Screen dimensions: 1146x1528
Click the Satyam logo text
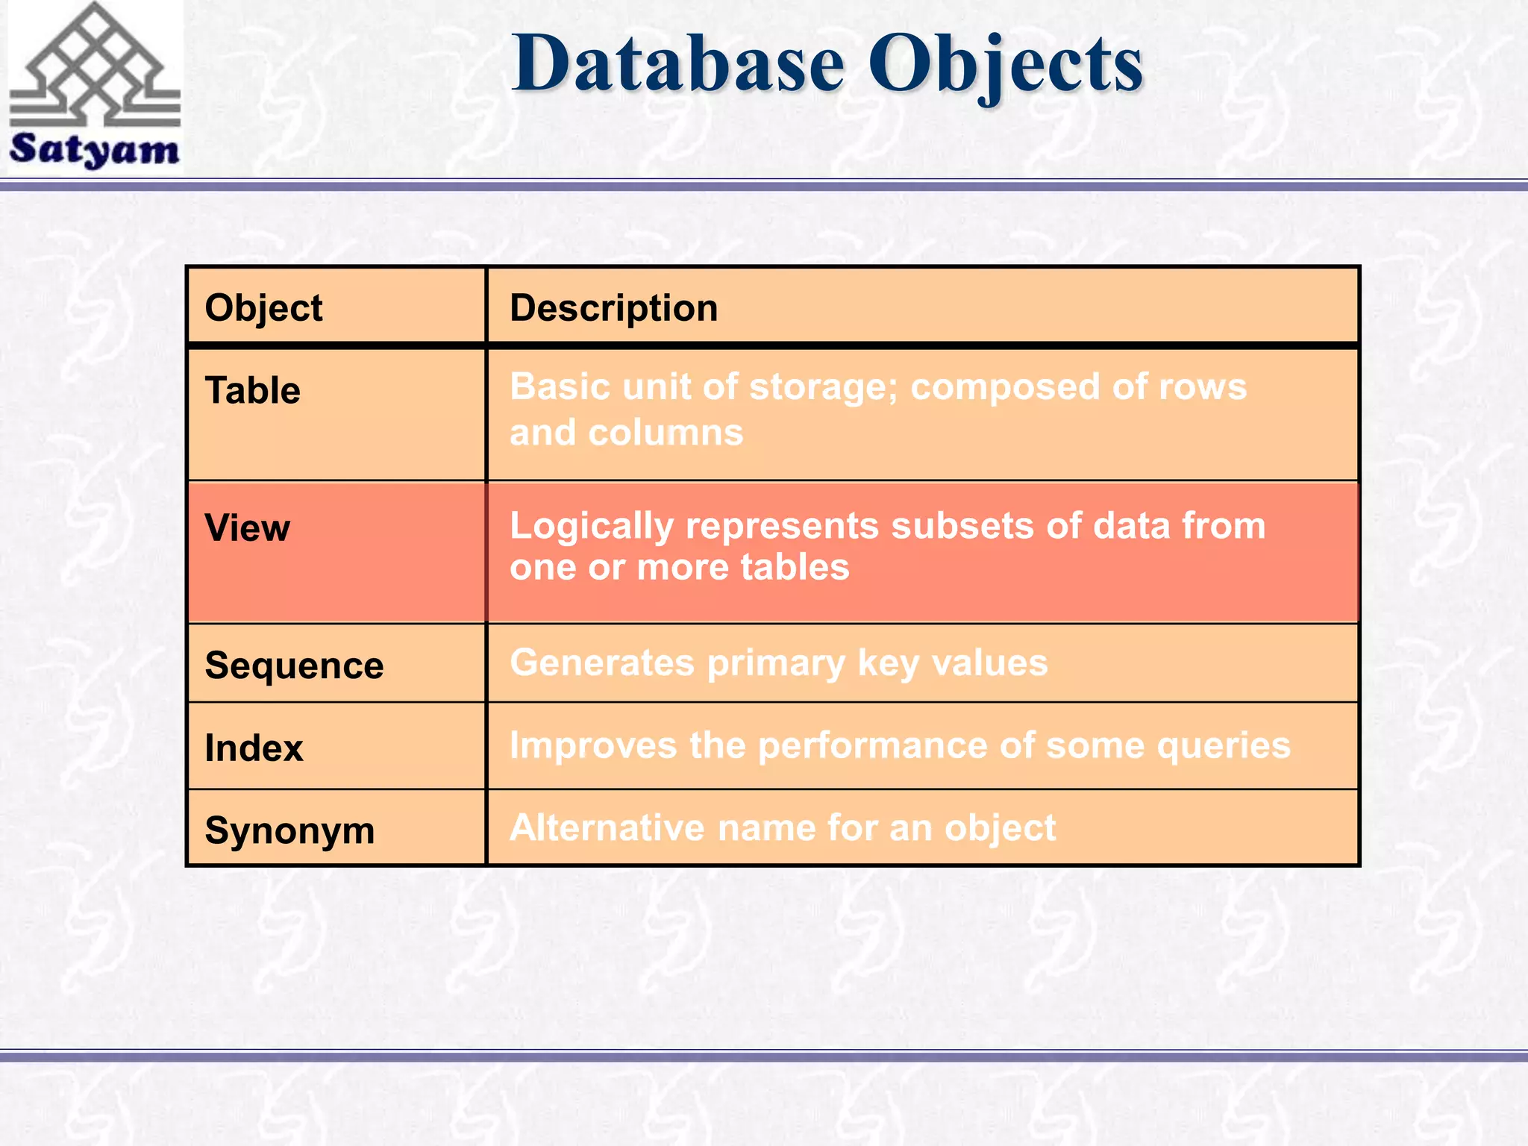coord(95,148)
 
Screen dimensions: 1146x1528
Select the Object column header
coord(263,308)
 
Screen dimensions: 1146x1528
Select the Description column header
coord(613,308)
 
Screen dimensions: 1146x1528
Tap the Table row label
coord(252,390)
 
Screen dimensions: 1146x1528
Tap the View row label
coord(247,528)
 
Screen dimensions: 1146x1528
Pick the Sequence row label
coord(294,666)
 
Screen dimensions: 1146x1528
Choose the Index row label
coord(254,748)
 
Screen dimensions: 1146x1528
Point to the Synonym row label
coord(289,830)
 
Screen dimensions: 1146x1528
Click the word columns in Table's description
coord(666,433)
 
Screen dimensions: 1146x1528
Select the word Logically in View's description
coord(591,527)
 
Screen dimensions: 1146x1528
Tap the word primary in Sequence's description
coord(775,663)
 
